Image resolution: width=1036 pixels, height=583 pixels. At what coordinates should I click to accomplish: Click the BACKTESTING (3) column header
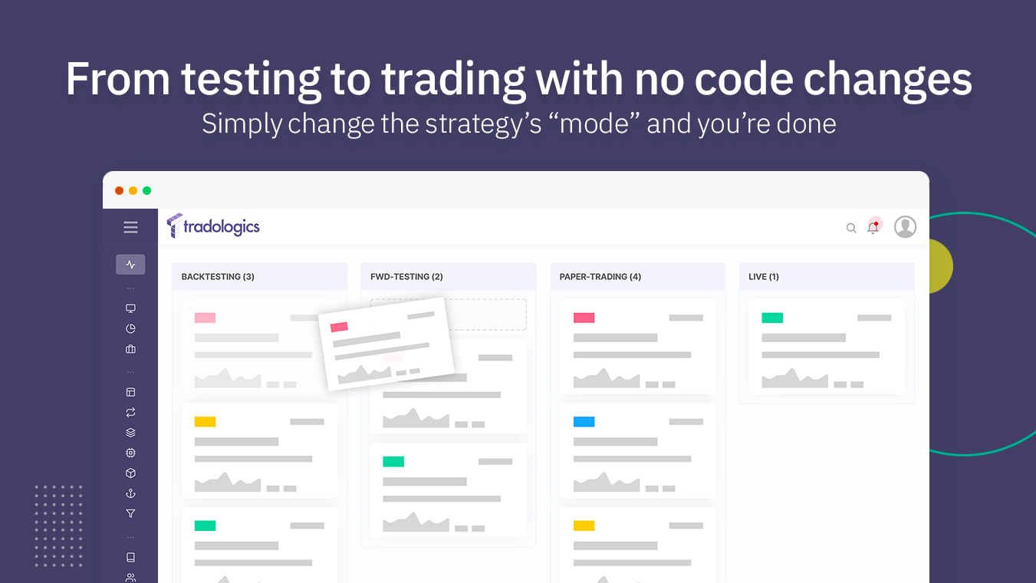click(x=218, y=277)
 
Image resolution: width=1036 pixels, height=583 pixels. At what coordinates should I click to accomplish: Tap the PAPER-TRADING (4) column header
click(x=600, y=277)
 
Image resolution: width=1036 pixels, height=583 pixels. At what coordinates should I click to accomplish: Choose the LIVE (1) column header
click(x=764, y=277)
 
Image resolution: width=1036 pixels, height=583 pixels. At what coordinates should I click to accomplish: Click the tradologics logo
click(x=213, y=226)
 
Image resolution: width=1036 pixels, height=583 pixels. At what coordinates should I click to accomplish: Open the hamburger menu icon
click(x=130, y=227)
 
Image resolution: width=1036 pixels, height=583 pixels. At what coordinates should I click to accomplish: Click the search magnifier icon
click(x=851, y=228)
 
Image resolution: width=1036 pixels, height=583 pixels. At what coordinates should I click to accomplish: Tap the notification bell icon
click(x=873, y=228)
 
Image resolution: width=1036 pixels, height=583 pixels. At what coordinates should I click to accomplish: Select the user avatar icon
click(x=905, y=227)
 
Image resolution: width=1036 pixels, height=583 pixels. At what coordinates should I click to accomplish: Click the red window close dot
click(x=119, y=191)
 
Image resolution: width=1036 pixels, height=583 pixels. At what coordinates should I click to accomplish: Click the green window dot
click(x=146, y=191)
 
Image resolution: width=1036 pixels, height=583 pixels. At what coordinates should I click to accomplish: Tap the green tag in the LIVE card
click(x=772, y=318)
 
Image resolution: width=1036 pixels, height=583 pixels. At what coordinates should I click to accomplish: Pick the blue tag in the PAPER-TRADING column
click(x=584, y=422)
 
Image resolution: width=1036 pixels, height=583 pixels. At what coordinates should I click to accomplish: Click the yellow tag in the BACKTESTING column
click(x=205, y=422)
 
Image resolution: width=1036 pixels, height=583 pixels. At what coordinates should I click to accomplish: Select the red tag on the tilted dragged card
click(x=339, y=327)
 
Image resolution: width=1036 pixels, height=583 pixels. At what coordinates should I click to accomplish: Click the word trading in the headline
click(x=453, y=79)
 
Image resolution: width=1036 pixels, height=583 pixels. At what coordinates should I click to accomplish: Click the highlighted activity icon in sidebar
click(x=130, y=265)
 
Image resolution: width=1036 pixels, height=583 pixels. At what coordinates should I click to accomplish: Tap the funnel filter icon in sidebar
click(x=130, y=514)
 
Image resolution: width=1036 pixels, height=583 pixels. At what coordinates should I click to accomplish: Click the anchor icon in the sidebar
click(x=130, y=493)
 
